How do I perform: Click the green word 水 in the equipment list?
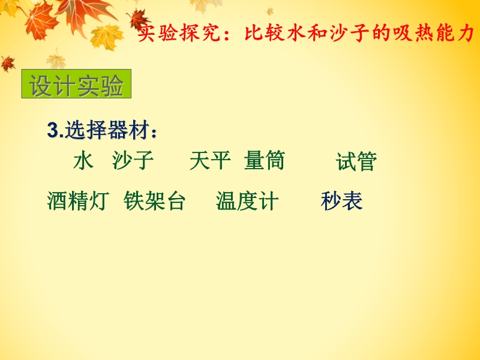83,160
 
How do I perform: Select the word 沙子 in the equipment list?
133,160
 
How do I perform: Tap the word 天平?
211,160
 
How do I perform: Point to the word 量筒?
265,160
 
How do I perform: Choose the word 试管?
356,161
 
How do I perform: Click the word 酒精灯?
78,201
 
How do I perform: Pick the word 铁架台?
155,201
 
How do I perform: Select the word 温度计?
247,201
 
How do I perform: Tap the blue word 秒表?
342,201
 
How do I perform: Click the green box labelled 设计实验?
76,84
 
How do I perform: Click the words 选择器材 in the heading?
107,130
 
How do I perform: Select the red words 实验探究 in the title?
179,33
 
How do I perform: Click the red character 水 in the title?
296,33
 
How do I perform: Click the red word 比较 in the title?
265,33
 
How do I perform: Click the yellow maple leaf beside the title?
106,37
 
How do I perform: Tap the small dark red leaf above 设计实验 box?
8,64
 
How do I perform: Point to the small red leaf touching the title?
139,19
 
